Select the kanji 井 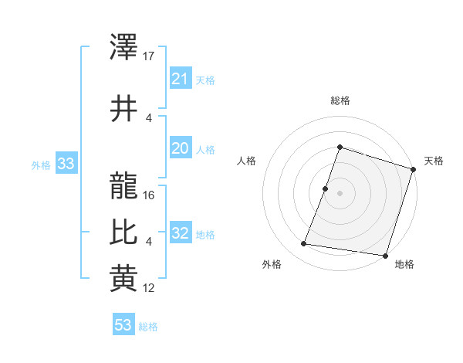pyautogui.click(x=123, y=108)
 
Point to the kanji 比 pyautogui.click(x=123, y=232)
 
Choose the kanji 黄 pyautogui.click(x=123, y=279)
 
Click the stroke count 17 pyautogui.click(x=150, y=56)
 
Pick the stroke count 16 pyautogui.click(x=150, y=195)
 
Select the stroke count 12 pyautogui.click(x=150, y=288)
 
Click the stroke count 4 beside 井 pyautogui.click(x=149, y=118)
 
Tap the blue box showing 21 pyautogui.click(x=180, y=79)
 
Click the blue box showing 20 pyautogui.click(x=180, y=149)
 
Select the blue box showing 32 pyautogui.click(x=180, y=233)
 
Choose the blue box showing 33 pyautogui.click(x=66, y=164)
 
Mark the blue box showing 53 pyautogui.click(x=123, y=325)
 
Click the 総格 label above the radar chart pyautogui.click(x=340, y=100)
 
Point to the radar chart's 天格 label pyautogui.click(x=434, y=161)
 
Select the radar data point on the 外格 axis pyautogui.click(x=304, y=244)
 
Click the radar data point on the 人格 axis pyautogui.click(x=326, y=188)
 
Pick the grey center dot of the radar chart pyautogui.click(x=340, y=193)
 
